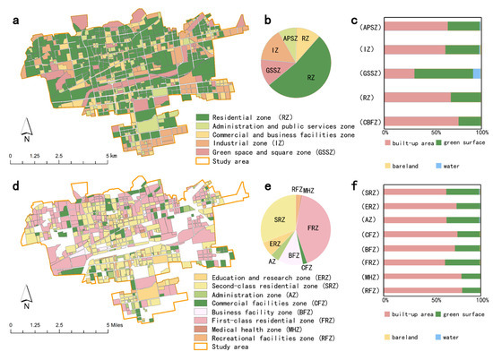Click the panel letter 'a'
[7, 9]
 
